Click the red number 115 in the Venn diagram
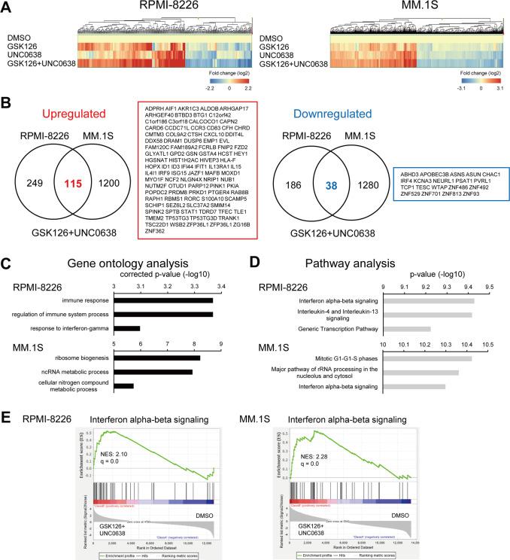(x=94, y=163)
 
